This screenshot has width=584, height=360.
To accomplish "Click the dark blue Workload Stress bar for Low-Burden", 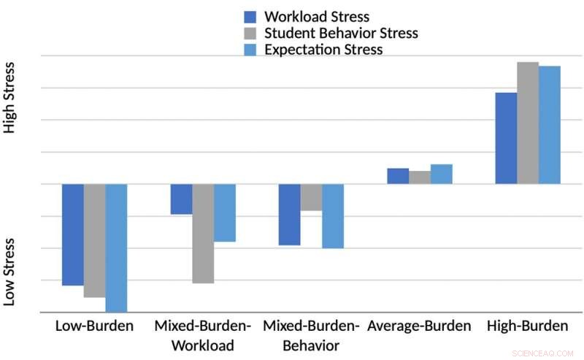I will [x=73, y=234].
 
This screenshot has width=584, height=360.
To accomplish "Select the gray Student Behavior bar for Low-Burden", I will [x=95, y=240].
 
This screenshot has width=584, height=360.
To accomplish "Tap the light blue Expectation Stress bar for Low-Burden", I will [x=116, y=248].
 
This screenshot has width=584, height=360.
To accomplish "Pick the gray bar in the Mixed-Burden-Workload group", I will [x=203, y=233].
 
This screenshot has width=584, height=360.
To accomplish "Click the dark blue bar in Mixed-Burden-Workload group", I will [x=181, y=199].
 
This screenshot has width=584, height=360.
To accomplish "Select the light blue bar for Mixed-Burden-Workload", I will [x=225, y=212].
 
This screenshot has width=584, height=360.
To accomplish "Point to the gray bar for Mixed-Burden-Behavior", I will [x=311, y=197].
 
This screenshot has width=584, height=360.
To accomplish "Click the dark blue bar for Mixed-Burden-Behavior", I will [x=290, y=214].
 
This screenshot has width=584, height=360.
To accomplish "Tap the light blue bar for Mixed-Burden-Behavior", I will [x=333, y=216].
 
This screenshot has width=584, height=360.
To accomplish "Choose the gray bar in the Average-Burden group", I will [x=420, y=177].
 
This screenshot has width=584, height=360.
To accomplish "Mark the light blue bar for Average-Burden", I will [x=442, y=174].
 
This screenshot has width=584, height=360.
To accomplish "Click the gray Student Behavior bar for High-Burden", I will [x=528, y=123].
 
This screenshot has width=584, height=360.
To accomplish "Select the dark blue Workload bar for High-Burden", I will [x=506, y=138].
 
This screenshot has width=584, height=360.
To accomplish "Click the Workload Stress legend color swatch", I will [x=250, y=17].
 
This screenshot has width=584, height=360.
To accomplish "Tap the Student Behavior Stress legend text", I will [x=341, y=33].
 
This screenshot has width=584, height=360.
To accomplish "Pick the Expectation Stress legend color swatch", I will [x=250, y=50].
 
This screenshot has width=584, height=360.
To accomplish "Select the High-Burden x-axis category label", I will [x=527, y=326].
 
